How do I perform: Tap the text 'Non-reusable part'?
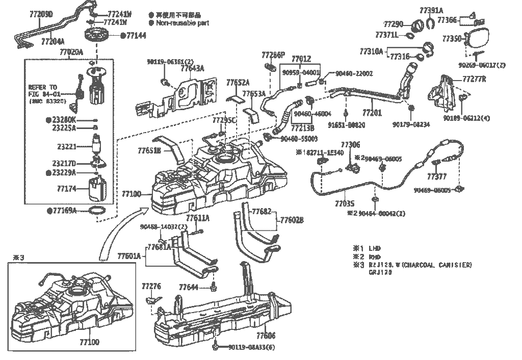pos(182,23)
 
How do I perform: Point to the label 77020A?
pos(71,52)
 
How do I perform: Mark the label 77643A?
pos(192,68)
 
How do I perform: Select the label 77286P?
pos(273,55)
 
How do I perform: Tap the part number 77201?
pos(372,113)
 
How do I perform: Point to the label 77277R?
pos(474,80)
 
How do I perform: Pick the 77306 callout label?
pos(350,145)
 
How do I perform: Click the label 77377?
pos(437,177)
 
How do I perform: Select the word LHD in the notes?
pos(375,248)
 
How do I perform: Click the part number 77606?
pos(266,336)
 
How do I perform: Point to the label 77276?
pos(151,287)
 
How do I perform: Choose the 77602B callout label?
pos(292,220)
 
